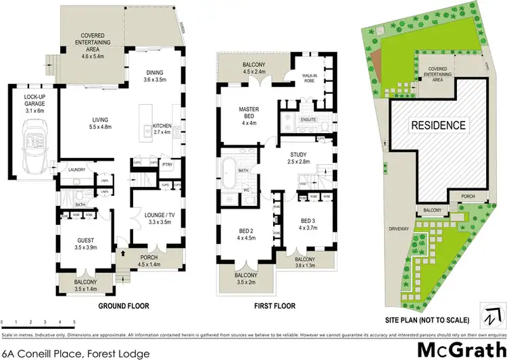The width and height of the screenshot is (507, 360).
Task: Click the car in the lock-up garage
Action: pyautogui.click(x=31, y=148)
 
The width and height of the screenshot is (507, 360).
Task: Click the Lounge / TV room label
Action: pyautogui.click(x=160, y=218)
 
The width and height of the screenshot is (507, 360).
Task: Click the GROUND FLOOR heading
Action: pyautogui.click(x=124, y=306)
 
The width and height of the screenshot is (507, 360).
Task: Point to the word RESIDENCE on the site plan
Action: pyautogui.click(x=439, y=125)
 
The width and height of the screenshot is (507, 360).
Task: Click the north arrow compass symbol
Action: pyautogui.click(x=493, y=314)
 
